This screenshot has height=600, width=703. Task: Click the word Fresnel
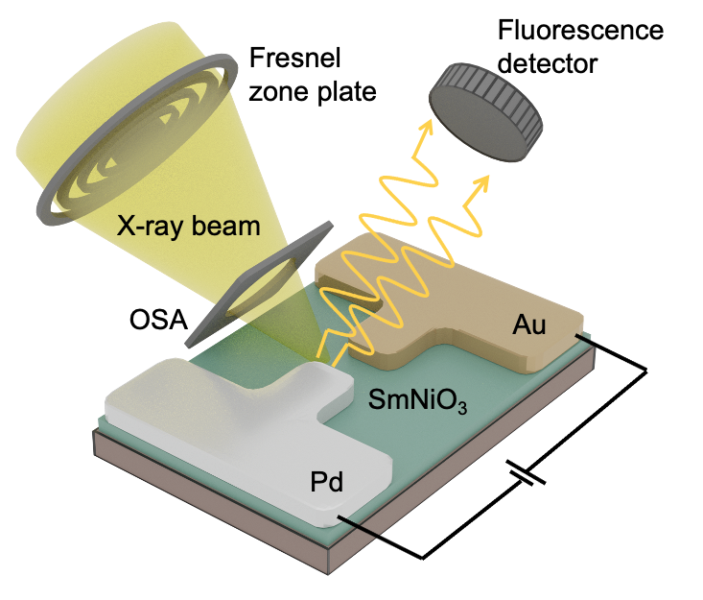coord(294,58)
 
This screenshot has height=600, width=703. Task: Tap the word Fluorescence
coord(580,31)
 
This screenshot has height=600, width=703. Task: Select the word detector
coord(548,63)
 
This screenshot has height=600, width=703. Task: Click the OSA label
coord(158,320)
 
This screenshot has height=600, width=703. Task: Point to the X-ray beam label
coord(188,226)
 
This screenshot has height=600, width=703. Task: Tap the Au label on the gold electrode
coord(529,324)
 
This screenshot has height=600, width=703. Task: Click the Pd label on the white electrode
coord(327,482)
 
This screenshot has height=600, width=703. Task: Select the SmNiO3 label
coord(418,400)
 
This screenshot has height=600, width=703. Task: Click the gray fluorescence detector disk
coord(486,112)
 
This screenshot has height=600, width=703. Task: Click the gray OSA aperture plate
coord(260,283)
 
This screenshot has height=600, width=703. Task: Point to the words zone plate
coord(313,91)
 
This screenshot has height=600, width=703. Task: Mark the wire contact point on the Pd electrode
coord(339,516)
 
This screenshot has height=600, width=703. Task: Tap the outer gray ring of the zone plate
coord(137,139)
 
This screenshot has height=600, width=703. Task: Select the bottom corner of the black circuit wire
coord(422,559)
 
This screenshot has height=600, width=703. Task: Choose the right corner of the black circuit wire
coord(646,371)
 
